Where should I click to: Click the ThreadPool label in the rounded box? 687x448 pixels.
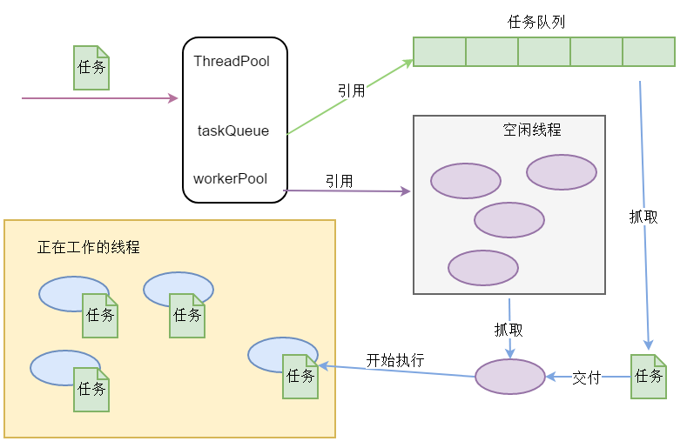[232, 61]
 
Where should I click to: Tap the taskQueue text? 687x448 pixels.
[233, 130]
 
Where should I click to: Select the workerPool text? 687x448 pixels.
[231, 178]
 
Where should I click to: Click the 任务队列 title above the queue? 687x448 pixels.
[536, 22]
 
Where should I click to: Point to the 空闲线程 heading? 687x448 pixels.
[532, 130]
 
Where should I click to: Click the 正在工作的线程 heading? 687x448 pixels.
[89, 247]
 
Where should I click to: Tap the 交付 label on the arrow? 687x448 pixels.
[586, 378]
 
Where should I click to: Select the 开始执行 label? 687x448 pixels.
[395, 360]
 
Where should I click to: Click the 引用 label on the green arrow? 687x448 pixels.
[352, 90]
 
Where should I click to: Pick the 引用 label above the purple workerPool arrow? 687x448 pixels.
[339, 181]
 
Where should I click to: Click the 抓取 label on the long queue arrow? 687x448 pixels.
[643, 217]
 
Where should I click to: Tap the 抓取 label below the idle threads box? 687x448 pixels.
[509, 330]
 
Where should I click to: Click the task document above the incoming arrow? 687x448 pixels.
[91, 68]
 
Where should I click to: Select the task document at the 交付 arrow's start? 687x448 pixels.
[649, 377]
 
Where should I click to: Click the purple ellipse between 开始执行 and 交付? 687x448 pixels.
[510, 377]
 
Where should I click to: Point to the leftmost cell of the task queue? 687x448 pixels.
[440, 51]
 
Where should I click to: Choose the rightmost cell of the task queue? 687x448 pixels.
[649, 51]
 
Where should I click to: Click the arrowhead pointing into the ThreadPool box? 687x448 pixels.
[173, 98]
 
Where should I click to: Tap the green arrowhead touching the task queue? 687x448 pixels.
[407, 64]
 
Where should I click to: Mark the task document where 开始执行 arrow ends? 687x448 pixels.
[300, 377]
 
